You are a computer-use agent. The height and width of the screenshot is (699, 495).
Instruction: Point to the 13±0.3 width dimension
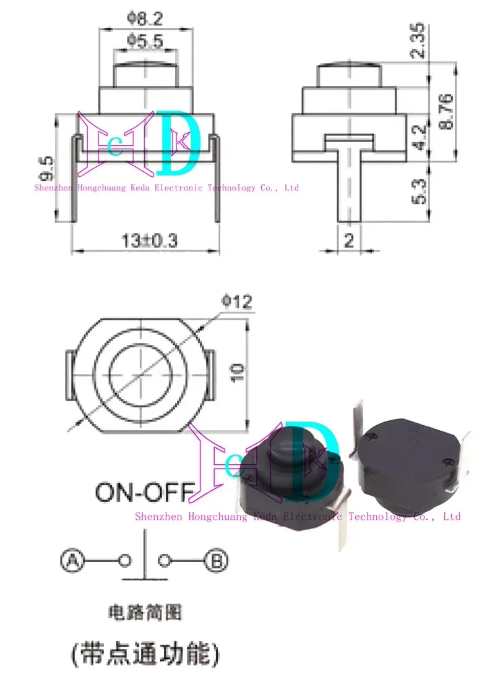149,241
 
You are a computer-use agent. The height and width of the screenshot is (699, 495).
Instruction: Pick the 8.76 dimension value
445,111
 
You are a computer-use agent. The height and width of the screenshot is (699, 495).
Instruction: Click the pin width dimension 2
349,240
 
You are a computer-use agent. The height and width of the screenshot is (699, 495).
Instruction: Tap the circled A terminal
71,561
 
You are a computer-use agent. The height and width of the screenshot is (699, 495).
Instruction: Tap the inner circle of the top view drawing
142,374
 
